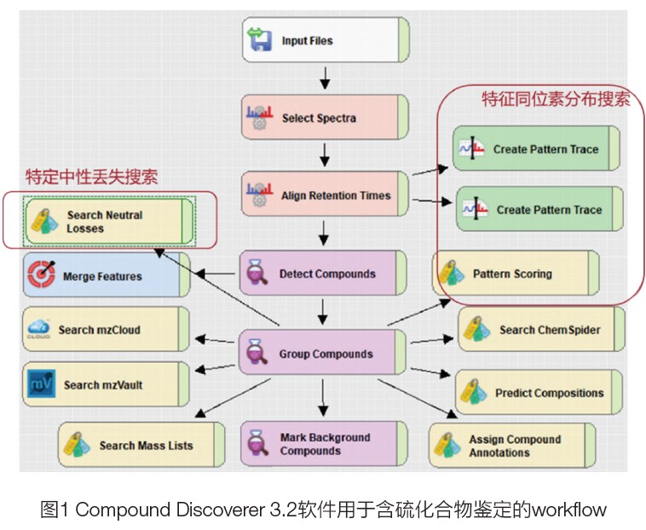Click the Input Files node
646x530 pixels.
pos(325,40)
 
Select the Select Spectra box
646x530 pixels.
pos(325,118)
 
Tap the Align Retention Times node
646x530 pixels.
pos(325,195)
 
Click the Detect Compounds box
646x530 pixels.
pos(325,274)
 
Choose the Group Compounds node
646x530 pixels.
pos(325,353)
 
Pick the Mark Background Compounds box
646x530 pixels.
pos(325,444)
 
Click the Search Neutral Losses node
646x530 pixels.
pos(110,222)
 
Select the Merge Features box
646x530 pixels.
pos(107,276)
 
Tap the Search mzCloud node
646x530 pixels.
pos(107,330)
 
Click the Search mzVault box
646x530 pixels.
pos(107,384)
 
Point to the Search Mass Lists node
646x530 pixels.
pos(141,445)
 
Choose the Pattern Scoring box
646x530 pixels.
pos(516,274)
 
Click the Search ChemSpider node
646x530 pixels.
pos(541,330)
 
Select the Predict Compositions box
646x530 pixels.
pos(540,393)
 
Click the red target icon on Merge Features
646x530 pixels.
pos(40,276)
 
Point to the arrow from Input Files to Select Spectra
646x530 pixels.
pos(325,78)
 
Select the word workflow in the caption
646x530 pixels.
pos(569,510)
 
